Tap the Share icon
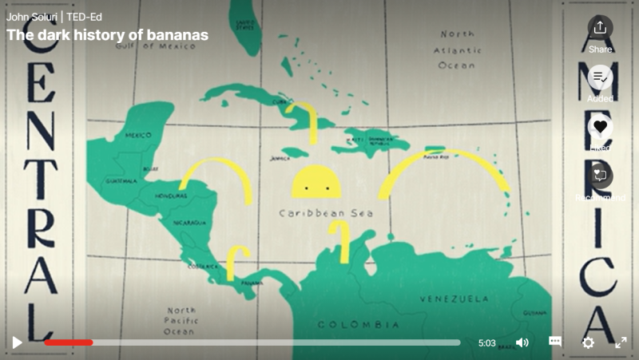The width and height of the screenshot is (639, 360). coord(600,28)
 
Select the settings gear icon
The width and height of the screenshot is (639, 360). coord(588,342)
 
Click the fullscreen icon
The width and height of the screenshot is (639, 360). coord(621,342)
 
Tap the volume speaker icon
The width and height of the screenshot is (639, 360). coord(522,342)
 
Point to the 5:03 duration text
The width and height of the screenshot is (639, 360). coord(487,343)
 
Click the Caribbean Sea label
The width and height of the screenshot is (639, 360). coord(326,213)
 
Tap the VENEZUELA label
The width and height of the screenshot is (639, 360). coord(454,299)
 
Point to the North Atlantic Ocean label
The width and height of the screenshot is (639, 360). coord(457,49)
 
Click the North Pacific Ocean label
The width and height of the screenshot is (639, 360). coord(181,320)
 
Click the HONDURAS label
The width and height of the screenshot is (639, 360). coord(172,195)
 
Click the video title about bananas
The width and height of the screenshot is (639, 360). coord(107,35)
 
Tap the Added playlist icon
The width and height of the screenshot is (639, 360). coord(600,77)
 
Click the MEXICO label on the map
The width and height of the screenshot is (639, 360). coord(137,136)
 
